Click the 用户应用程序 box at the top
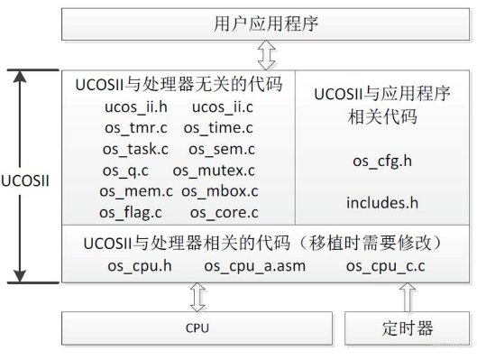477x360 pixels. [266, 22]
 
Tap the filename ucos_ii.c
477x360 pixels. [224, 107]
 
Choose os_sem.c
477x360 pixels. [222, 149]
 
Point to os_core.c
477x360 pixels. [225, 212]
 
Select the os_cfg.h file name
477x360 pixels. [381, 161]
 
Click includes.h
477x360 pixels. [381, 202]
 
